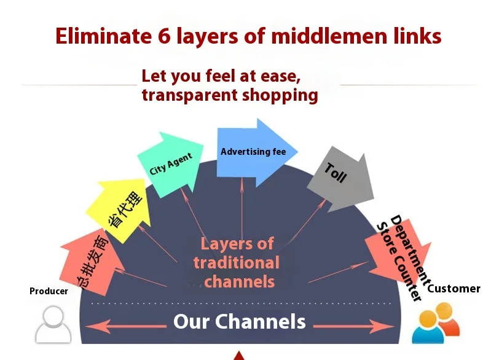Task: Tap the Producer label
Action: point(49,291)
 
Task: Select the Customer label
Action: point(454,288)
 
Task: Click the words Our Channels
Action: point(240,321)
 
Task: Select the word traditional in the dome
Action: point(237,263)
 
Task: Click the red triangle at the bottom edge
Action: point(239,356)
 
